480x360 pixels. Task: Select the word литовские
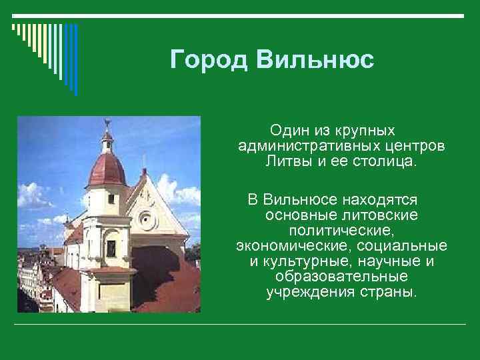coord(378,215)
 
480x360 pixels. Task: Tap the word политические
coord(341,231)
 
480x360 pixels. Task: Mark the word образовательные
coord(341,277)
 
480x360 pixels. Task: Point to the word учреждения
coord(305,293)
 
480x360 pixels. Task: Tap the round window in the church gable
coord(147,221)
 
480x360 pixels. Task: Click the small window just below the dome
coord(111,198)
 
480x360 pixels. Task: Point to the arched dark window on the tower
coord(111,247)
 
